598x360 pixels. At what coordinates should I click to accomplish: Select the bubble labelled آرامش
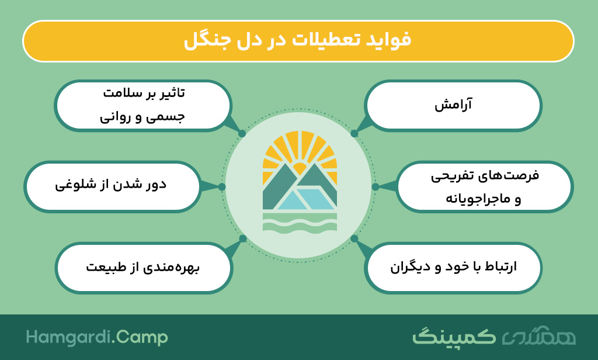pos(453,106)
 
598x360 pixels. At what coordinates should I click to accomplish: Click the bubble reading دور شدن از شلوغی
pos(113,186)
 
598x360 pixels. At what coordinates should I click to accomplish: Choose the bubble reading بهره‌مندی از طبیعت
pos(144,268)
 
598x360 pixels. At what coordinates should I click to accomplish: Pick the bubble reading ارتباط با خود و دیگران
pos(453,268)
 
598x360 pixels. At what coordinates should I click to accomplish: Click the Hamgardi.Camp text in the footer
pos(97,337)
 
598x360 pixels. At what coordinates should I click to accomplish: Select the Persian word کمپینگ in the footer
pos(454,336)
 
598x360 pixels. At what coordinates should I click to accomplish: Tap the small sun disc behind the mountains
pos(300,168)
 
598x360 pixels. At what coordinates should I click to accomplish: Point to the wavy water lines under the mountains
pos(300,222)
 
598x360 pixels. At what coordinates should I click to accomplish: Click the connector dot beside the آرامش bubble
pos(354,134)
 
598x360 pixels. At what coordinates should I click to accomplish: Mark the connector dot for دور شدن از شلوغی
pos(222,186)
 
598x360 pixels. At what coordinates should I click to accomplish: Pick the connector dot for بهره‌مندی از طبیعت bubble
pos(243,238)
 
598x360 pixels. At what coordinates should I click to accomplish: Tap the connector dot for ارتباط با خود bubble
pos(354,238)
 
